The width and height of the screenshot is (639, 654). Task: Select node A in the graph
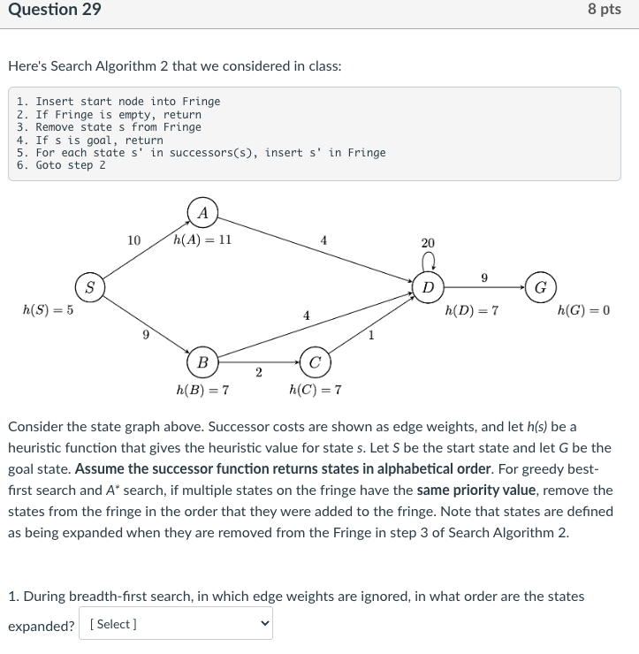203,212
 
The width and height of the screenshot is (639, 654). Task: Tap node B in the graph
202,361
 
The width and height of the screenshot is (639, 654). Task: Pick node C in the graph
315,361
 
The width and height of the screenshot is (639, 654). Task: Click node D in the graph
428,286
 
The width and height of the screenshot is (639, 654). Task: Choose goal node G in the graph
541,286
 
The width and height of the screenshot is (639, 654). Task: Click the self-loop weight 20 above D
428,243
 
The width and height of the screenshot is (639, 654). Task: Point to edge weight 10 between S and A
133,240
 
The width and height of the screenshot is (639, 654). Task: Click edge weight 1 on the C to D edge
371,334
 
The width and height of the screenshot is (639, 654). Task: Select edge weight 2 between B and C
258,372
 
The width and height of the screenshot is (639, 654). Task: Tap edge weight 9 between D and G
483,278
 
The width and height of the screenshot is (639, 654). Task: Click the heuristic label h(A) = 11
203,239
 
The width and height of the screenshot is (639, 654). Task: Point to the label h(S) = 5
49,310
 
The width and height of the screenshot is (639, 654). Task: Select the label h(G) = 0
584,310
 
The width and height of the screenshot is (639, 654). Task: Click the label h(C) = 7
315,390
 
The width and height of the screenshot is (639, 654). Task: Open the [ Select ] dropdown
175,624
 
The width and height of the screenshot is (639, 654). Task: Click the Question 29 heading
54,10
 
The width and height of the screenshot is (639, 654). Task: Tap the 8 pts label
605,10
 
